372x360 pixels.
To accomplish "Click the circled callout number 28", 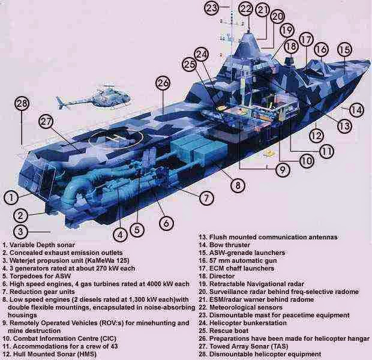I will coord(22,104).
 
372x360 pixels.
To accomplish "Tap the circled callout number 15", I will coord(344,50).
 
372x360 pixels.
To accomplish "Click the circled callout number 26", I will coord(163,83).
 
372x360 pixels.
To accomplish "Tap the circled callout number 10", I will coord(307,161).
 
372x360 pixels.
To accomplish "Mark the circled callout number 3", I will coord(20,232).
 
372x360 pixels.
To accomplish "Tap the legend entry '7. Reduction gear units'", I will coord(43,291).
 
